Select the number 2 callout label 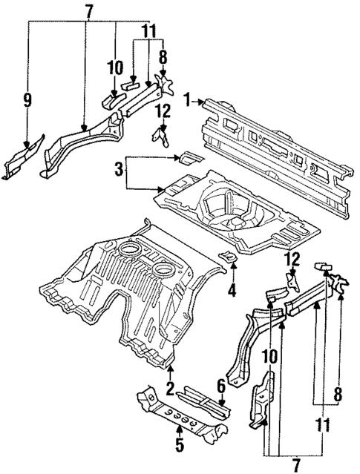(x=170, y=389)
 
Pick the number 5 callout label (x=178, y=447)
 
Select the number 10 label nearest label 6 (x=270, y=358)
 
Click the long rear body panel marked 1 (x=275, y=148)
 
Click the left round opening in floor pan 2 (x=128, y=251)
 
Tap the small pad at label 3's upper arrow (x=186, y=158)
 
